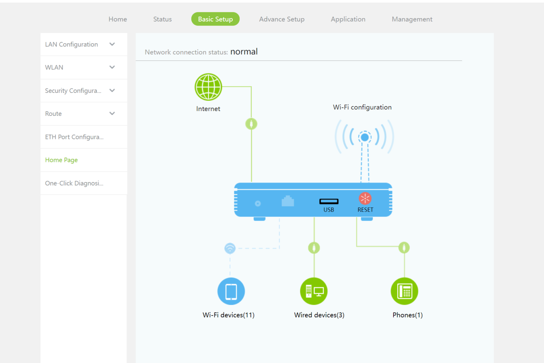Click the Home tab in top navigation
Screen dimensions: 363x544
click(118, 19)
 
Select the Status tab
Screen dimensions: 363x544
click(162, 19)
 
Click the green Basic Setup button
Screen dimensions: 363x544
click(215, 19)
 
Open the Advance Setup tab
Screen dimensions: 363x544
click(282, 19)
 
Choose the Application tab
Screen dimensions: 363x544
click(348, 19)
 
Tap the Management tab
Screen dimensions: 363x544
click(412, 19)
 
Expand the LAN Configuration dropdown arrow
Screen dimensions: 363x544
click(112, 44)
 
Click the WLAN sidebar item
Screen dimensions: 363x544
click(54, 67)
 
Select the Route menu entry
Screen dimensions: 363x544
click(53, 114)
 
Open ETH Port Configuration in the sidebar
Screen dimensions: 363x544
click(74, 137)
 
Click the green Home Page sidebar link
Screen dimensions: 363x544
click(61, 160)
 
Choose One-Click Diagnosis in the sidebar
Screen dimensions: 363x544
click(74, 183)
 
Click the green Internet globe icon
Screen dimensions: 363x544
click(208, 87)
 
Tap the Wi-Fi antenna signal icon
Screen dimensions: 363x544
click(364, 137)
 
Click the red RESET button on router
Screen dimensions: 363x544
click(365, 199)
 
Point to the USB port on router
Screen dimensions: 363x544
click(329, 201)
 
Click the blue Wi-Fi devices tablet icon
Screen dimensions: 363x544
click(231, 291)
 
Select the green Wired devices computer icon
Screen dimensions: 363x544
click(314, 291)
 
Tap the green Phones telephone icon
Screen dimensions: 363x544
click(404, 291)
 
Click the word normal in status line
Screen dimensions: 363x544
click(244, 52)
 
